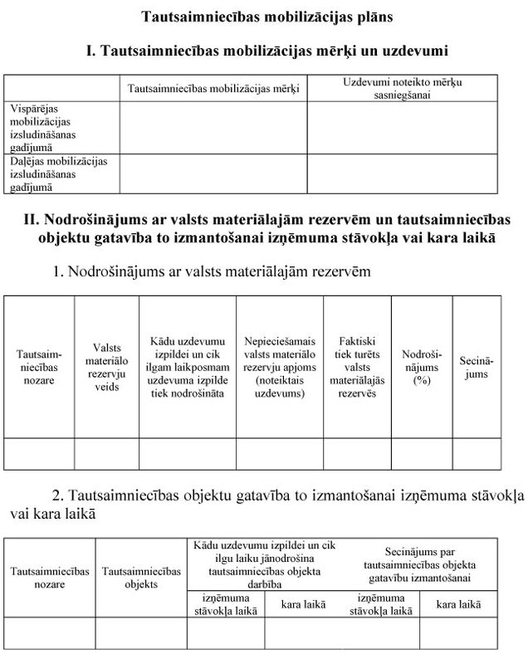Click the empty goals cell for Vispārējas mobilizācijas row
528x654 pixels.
pyautogui.click(x=213, y=128)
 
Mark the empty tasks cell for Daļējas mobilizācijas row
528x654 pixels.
pyautogui.click(x=403, y=174)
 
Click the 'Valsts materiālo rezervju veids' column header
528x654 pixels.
pyautogui.click(x=106, y=367)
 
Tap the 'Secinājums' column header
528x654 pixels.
pyautogui.click(x=477, y=367)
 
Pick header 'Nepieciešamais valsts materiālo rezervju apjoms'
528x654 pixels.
pyautogui.click(x=280, y=367)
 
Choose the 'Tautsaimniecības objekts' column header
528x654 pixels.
pyautogui.click(x=141, y=578)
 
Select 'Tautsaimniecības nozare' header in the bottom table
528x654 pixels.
pyautogui.click(x=50, y=578)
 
